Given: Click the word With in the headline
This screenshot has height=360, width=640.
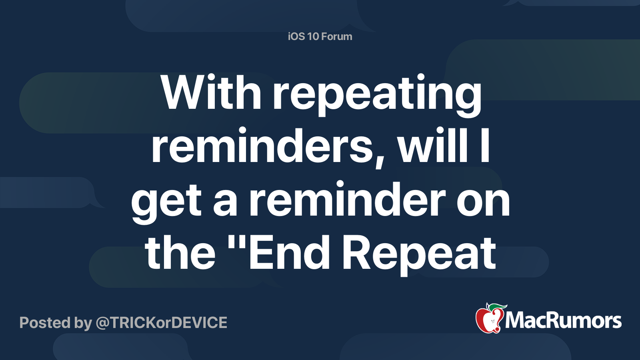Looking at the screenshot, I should pos(211,93).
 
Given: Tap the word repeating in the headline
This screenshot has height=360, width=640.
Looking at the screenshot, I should pos(377,95).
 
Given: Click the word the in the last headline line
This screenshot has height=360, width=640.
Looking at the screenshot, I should pos(180,253).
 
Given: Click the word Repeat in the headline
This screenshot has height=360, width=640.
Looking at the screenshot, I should pos(419,254).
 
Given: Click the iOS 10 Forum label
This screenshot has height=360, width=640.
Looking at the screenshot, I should pos(320,36).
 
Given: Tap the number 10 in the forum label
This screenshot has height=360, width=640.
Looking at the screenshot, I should pos(313,36).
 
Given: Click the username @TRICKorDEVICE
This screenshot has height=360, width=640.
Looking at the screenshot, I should pos(161,322).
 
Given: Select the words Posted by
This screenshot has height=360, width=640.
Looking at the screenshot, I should pos(56,322).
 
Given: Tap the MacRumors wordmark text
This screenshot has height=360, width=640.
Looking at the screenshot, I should pos(563,320).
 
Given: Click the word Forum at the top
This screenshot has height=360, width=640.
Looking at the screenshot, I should pos(337,36).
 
